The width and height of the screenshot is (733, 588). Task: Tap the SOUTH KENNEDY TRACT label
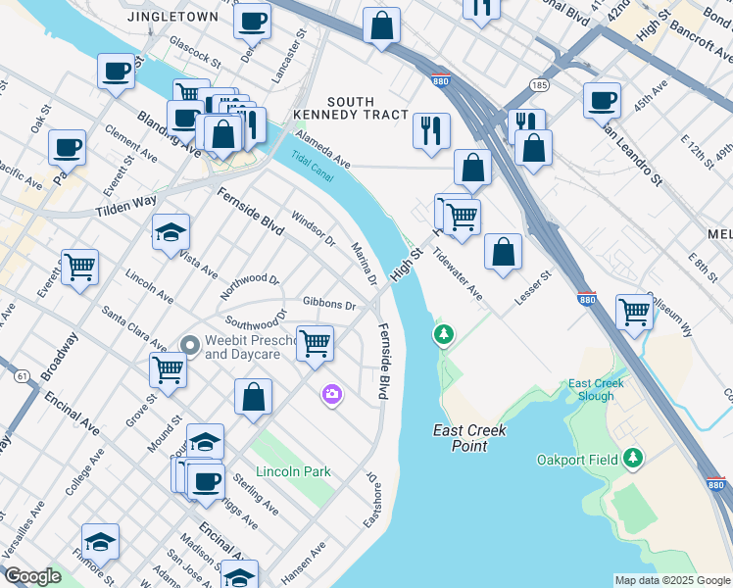click(x=351, y=108)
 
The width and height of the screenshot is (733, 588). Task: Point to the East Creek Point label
click(x=461, y=438)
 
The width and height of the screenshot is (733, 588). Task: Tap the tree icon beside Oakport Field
click(x=633, y=458)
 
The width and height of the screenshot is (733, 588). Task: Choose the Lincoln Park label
click(x=293, y=471)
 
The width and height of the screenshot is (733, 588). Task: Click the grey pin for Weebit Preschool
click(x=191, y=344)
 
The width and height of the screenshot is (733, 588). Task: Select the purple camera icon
click(x=332, y=394)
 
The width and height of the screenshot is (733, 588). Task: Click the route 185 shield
click(x=539, y=86)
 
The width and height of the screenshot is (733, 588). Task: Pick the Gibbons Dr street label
click(x=329, y=305)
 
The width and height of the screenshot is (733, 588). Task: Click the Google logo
click(x=32, y=576)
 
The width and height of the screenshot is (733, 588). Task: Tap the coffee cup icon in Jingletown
click(x=252, y=19)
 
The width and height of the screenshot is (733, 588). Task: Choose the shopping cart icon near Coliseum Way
click(x=634, y=312)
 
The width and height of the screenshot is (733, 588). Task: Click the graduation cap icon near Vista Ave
click(x=171, y=232)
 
